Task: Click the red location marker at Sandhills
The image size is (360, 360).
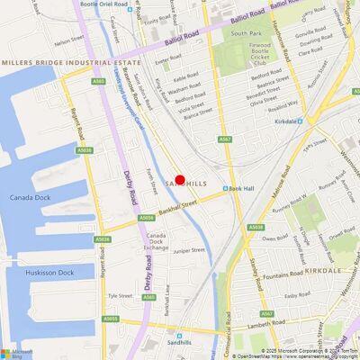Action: pos(180,180)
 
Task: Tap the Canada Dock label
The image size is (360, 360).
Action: pos(31,197)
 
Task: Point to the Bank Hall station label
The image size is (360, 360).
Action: pos(240,189)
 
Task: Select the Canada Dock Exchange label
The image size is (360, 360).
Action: pos(156,241)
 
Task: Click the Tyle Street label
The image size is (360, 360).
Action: pos(121,295)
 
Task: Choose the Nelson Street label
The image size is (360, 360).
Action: pos(68,40)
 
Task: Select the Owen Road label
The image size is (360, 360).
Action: pos(274,238)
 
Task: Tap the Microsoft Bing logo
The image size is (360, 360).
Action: pos(16,352)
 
